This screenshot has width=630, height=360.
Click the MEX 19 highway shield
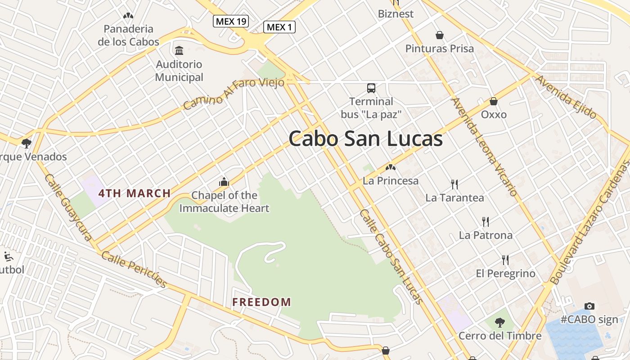click(x=231, y=21)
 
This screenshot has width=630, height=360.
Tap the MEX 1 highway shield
click(x=279, y=27)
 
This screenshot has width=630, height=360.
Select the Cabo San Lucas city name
click(x=365, y=139)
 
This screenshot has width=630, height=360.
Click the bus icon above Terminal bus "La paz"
click(x=371, y=88)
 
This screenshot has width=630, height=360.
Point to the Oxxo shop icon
click(x=494, y=101)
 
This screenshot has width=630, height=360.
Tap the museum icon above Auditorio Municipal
click(x=179, y=50)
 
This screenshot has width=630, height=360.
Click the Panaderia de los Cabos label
click(x=128, y=35)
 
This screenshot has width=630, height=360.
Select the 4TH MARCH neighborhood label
click(x=135, y=193)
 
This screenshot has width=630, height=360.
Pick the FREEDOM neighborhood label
click(x=261, y=302)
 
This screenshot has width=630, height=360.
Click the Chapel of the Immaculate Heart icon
click(x=224, y=182)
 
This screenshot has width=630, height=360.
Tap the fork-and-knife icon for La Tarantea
click(x=454, y=184)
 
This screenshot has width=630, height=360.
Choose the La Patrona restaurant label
click(x=486, y=235)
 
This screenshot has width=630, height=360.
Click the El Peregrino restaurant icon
click(x=505, y=260)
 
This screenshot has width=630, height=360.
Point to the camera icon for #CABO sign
click(x=589, y=306)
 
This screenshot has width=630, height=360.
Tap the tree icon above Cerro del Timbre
click(x=499, y=322)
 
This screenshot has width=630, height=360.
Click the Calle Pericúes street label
click(x=134, y=269)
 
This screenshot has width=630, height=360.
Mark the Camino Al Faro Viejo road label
click(x=234, y=93)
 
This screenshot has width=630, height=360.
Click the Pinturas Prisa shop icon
click(x=439, y=35)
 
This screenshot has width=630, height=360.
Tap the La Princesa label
click(x=391, y=181)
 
